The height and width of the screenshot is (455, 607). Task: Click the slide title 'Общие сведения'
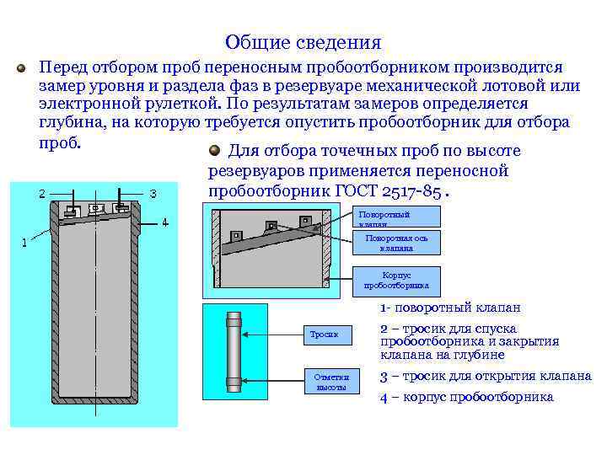[x=303, y=42]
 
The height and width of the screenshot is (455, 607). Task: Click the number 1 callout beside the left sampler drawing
[x=24, y=242]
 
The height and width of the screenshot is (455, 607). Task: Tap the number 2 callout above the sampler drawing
[x=42, y=193]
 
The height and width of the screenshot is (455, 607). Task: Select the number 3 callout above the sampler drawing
[x=153, y=194]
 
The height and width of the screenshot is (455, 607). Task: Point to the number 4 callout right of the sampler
[x=165, y=222]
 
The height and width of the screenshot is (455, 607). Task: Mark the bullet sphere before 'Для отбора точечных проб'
[x=215, y=151]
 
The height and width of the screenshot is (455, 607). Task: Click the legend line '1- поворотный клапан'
[x=450, y=308]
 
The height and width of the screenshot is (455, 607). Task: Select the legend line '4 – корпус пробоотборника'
[x=467, y=397]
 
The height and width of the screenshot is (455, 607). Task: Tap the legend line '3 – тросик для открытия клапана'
[x=486, y=376]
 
